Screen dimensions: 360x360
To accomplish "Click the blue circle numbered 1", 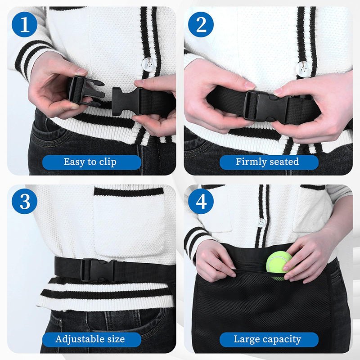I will (24, 24).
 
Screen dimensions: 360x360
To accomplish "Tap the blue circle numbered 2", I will (201, 24).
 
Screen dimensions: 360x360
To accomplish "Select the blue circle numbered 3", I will (24, 202).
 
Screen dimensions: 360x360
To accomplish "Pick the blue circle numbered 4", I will (201, 202).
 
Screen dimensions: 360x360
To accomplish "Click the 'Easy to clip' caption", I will (90, 162).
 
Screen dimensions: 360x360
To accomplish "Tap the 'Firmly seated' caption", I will (268, 162).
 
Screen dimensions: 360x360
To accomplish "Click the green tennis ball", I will (279, 265).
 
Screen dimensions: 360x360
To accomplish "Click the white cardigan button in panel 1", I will (147, 64).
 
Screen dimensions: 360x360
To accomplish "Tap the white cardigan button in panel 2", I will (302, 68).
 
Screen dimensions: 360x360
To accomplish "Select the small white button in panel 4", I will (261, 222).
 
